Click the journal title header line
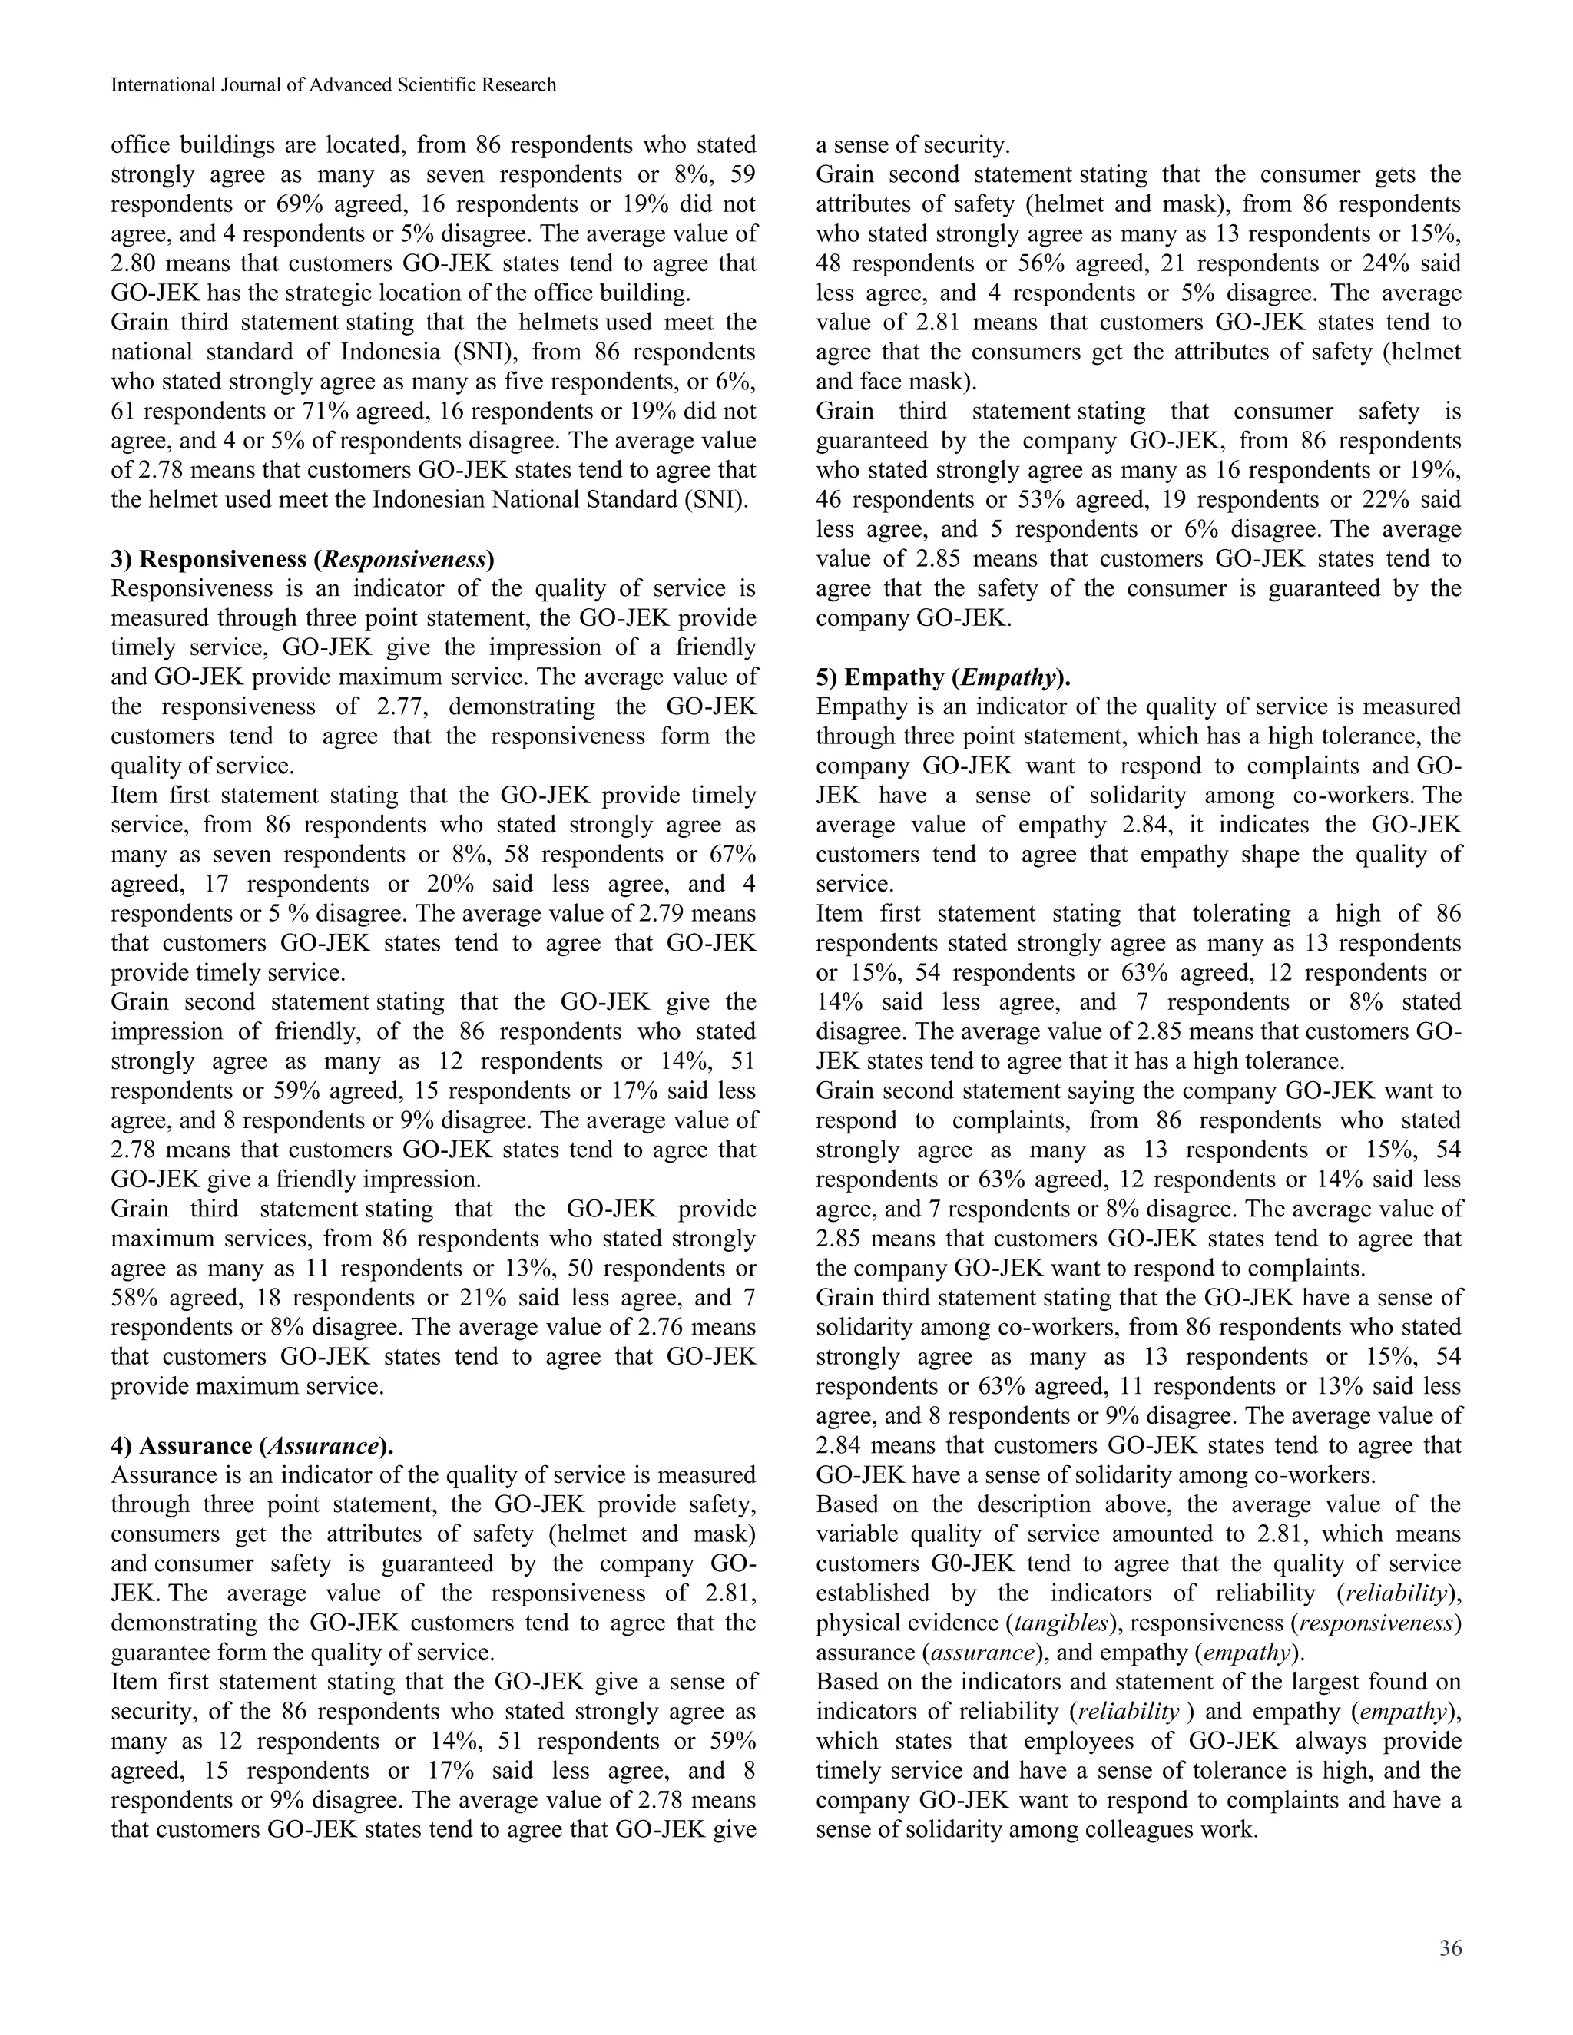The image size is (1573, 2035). coord(333,84)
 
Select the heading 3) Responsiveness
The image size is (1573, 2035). coord(302,559)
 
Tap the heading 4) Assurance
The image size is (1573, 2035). coord(252,1445)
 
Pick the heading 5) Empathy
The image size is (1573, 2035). coord(943,677)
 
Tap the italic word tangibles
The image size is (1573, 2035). coord(1061,1622)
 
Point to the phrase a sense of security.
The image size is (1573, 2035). coord(912,145)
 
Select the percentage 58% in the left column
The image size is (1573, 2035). coord(135,1298)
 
